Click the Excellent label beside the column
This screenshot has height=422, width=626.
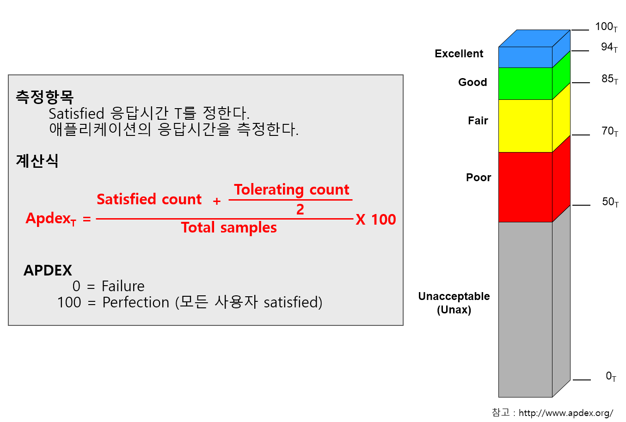[x=459, y=53]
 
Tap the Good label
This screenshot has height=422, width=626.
[x=473, y=82]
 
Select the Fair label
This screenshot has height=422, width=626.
[x=478, y=121]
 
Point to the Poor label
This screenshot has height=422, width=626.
[x=479, y=177]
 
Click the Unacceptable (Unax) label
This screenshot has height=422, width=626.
[x=454, y=303]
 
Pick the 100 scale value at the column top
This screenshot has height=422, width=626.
[x=606, y=27]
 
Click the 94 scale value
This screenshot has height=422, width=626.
[x=609, y=47]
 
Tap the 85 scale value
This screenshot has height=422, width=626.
[x=610, y=80]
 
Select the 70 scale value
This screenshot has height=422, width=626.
[x=610, y=131]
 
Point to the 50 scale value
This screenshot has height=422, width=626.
[x=610, y=202]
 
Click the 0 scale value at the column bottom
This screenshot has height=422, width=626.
[x=611, y=376]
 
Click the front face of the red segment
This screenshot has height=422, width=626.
[x=525, y=187]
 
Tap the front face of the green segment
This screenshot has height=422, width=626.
[x=525, y=84]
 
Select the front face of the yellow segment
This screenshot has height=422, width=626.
[x=525, y=126]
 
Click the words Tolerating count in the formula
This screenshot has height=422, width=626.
[x=291, y=190]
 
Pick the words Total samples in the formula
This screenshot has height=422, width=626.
[x=229, y=227]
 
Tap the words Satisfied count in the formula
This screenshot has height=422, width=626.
[x=149, y=199]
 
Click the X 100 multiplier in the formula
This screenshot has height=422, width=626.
[x=375, y=220]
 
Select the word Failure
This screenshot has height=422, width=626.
[x=123, y=286]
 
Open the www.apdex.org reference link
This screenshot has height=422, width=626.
[x=566, y=413]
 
